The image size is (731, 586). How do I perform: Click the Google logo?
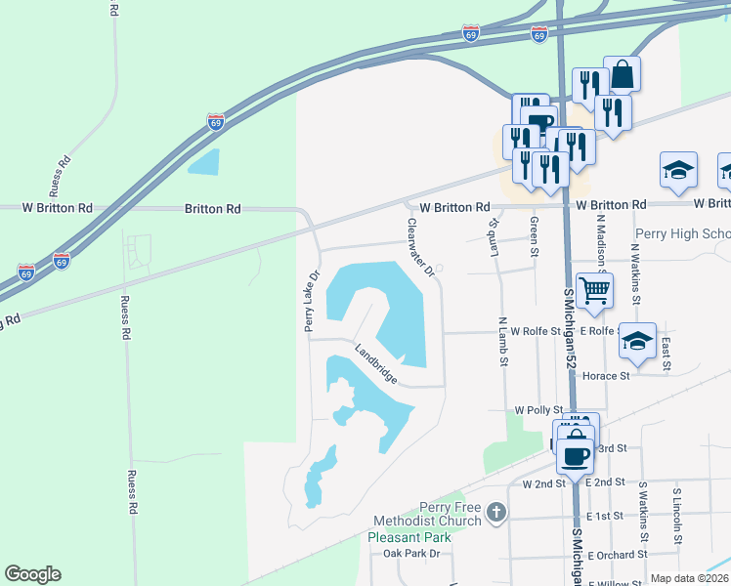(33, 574)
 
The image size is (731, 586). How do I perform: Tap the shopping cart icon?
(594, 290)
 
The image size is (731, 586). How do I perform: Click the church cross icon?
(496, 512)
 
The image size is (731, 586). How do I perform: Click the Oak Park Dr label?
(411, 554)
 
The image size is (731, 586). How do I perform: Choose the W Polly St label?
(539, 410)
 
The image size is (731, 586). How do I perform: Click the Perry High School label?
(682, 234)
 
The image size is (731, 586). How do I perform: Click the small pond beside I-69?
(204, 162)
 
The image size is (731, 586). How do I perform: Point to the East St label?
(666, 354)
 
